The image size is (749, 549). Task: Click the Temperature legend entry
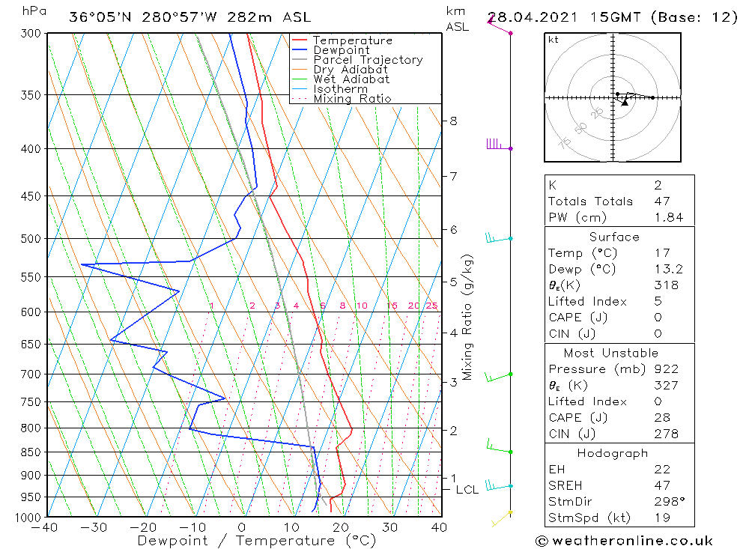click(x=352, y=41)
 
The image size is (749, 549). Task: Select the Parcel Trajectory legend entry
click(x=367, y=60)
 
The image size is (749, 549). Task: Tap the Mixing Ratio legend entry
click(x=351, y=98)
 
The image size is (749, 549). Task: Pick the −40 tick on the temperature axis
click(x=46, y=527)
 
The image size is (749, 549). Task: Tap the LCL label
click(x=467, y=490)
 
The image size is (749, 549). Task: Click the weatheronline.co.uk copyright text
click(x=624, y=541)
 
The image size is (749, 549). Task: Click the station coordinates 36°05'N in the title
click(x=98, y=17)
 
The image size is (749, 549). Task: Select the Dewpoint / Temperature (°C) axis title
click(x=246, y=541)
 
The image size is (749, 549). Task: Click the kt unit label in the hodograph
click(x=553, y=40)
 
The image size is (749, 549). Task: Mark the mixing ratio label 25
click(x=431, y=306)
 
